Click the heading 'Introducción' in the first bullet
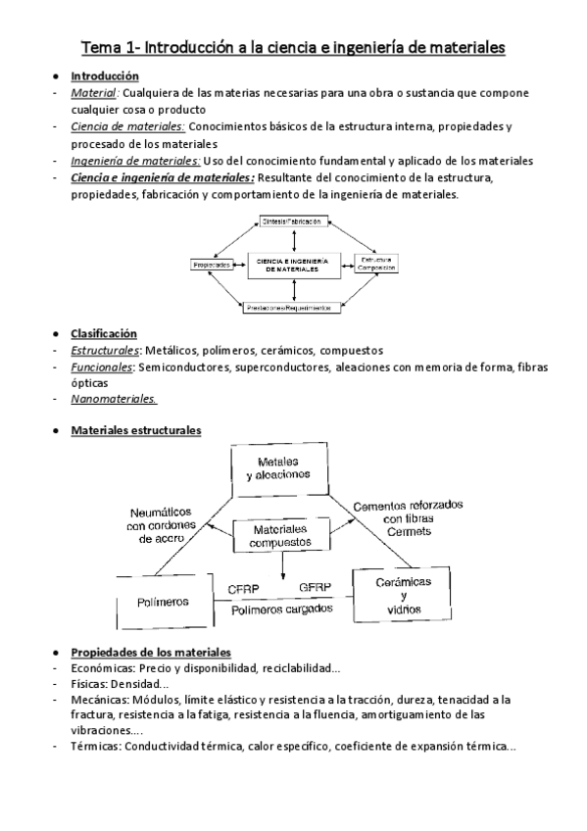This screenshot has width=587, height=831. [x=104, y=76]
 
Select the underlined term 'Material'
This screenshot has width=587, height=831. [x=93, y=93]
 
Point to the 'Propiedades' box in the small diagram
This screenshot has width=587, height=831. [x=212, y=265]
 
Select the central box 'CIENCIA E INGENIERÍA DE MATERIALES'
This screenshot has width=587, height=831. [x=292, y=265]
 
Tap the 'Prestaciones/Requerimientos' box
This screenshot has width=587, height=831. [x=292, y=307]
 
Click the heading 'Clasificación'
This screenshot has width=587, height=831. [x=104, y=334]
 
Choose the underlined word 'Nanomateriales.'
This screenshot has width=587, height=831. [x=114, y=399]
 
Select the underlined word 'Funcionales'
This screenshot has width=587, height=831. [x=102, y=367]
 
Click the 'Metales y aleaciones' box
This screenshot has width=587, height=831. [x=284, y=467]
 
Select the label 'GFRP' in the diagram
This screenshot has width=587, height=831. [x=316, y=588]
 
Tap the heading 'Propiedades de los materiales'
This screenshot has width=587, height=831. [x=150, y=653]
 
